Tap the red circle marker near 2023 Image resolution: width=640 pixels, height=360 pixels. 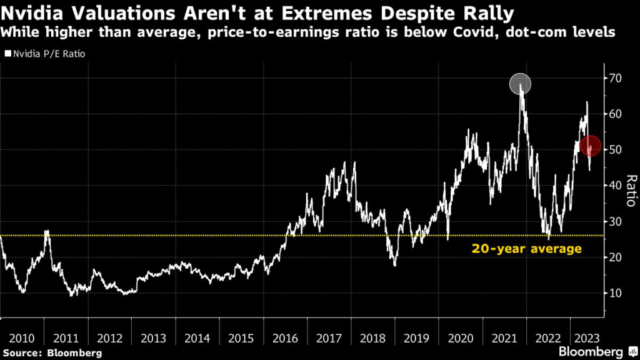(591, 146)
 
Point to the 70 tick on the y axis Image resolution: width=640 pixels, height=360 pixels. (616, 78)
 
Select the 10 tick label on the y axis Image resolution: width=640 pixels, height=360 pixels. (616, 293)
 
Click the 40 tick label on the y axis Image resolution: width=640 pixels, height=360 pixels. (616, 186)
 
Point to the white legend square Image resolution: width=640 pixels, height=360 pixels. (7, 54)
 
